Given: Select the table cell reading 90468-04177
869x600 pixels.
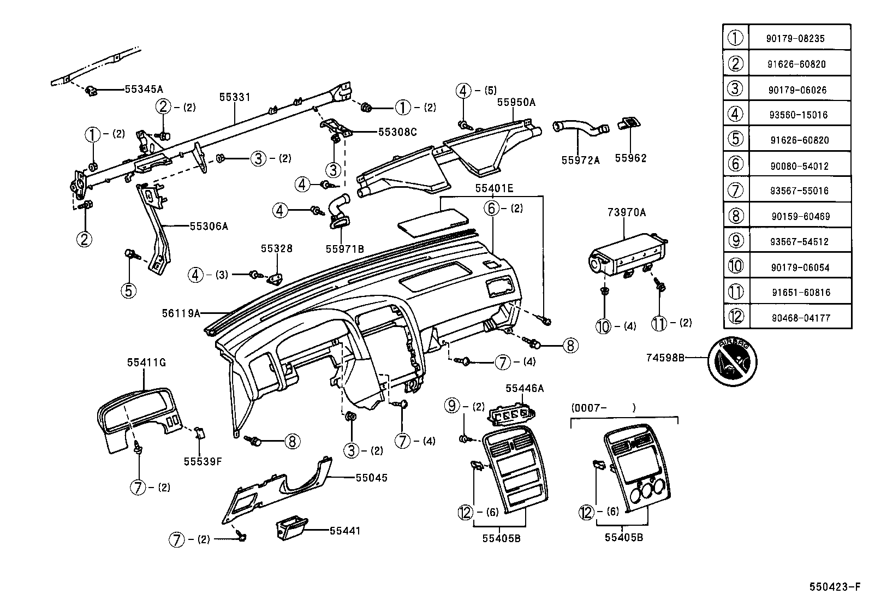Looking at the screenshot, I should [x=801, y=318].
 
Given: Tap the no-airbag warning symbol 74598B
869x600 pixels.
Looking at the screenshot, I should [x=732, y=359].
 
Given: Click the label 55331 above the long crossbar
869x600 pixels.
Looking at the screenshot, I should [x=235, y=98].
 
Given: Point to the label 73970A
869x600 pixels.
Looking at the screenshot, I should [x=627, y=212].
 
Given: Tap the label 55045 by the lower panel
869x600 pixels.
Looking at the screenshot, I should [x=371, y=478].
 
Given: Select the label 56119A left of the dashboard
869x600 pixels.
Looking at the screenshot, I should [x=181, y=313].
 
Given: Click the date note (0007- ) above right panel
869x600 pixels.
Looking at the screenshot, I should [x=603, y=407].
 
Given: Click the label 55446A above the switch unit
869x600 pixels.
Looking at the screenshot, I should [x=525, y=388].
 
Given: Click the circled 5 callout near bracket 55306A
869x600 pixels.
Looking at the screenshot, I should [x=129, y=289].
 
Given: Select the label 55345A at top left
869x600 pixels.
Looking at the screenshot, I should [x=144, y=88].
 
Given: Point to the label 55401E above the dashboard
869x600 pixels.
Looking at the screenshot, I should [x=494, y=188].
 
